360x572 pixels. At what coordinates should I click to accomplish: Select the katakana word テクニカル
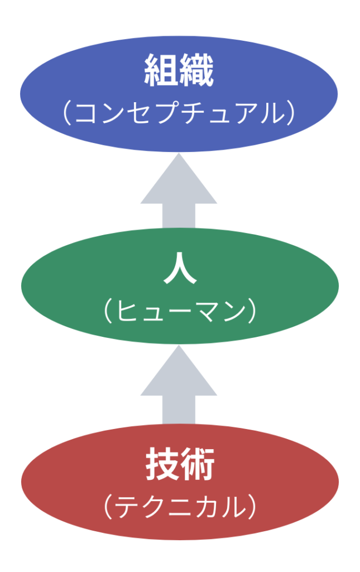[x=179, y=507]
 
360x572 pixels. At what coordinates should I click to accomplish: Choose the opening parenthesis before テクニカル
[x=107, y=507]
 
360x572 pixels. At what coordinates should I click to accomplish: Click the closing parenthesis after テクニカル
[x=252, y=507]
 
